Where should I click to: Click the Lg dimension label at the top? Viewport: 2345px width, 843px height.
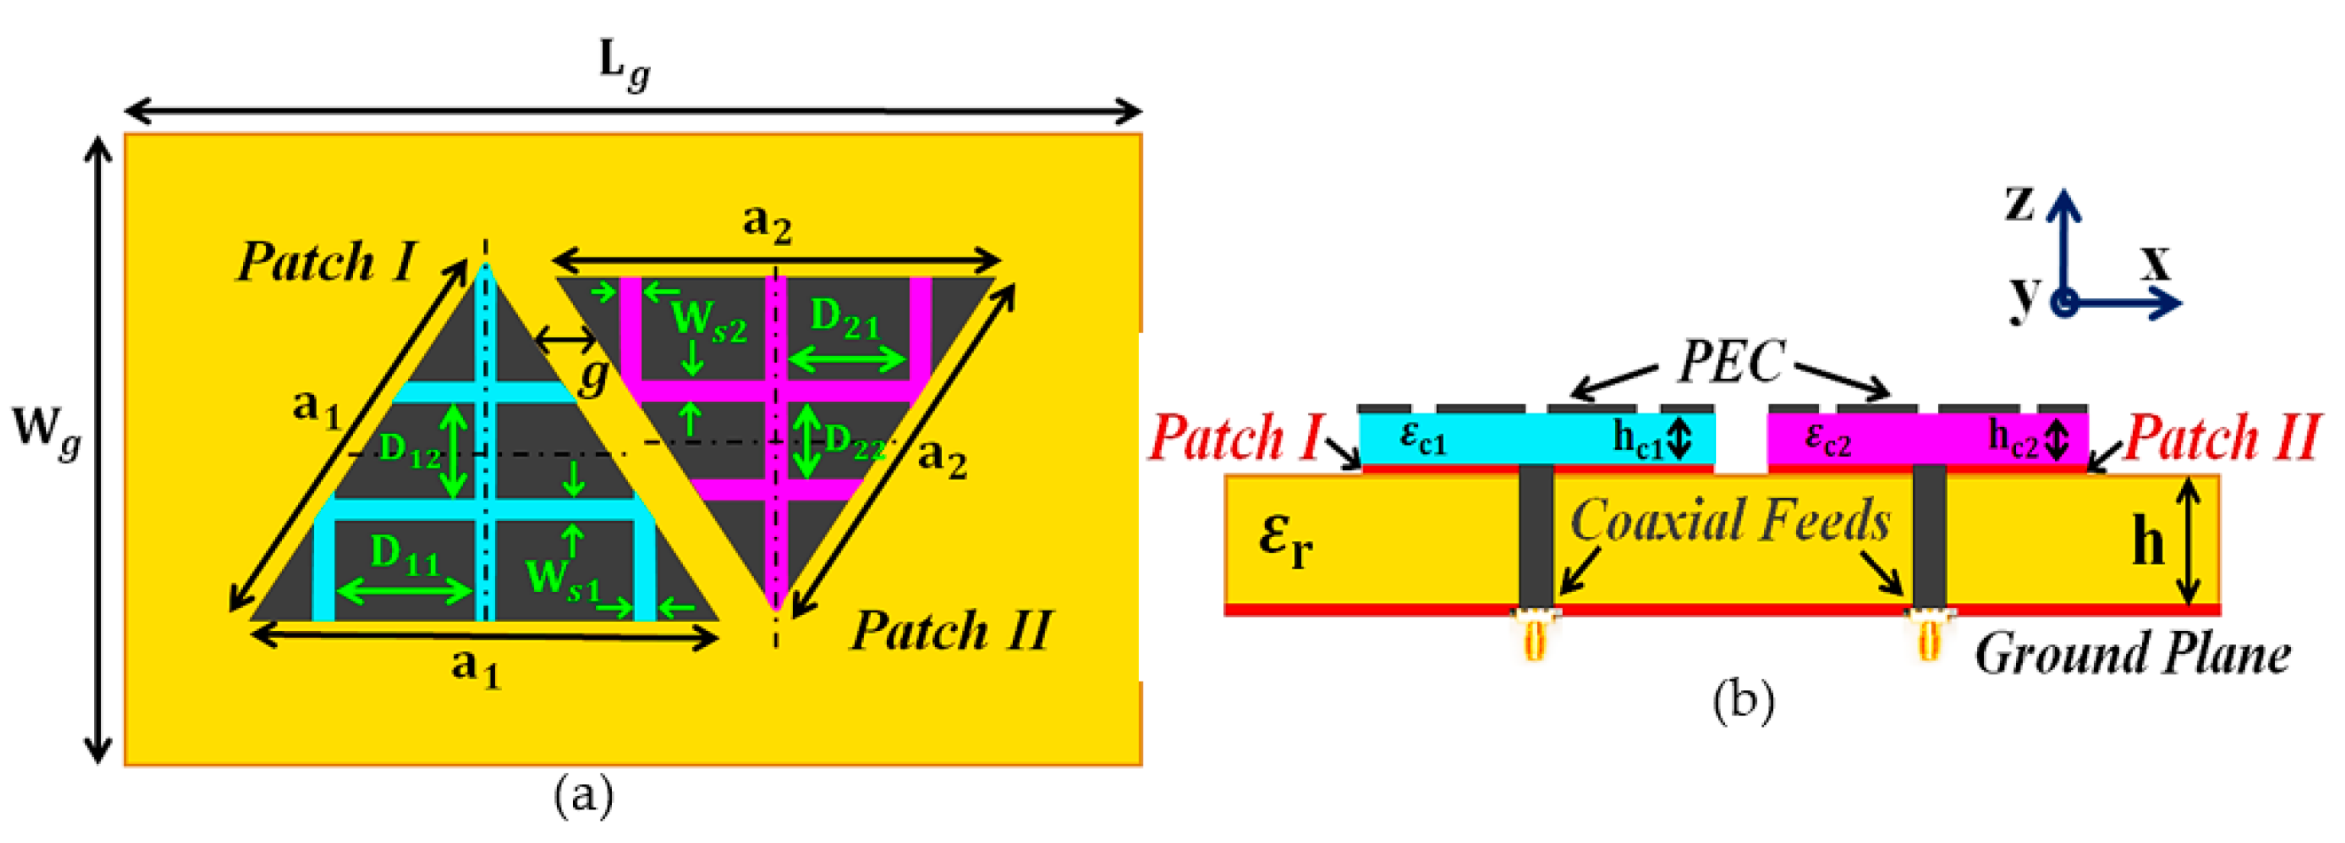click(x=624, y=66)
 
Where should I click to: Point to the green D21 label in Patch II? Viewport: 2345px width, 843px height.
click(x=844, y=319)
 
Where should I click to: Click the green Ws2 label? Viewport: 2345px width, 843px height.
click(x=709, y=321)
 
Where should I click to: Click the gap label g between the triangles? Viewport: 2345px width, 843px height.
click(x=592, y=376)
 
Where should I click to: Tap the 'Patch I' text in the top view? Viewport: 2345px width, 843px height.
click(x=325, y=262)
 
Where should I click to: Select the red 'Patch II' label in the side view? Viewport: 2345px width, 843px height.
click(x=2221, y=437)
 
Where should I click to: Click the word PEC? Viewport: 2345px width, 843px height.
click(x=1730, y=362)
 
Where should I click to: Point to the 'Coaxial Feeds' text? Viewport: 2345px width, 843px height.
click(x=1729, y=521)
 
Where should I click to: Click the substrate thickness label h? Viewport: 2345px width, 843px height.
click(x=2148, y=542)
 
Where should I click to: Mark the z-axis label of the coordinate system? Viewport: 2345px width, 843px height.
click(x=2020, y=203)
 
